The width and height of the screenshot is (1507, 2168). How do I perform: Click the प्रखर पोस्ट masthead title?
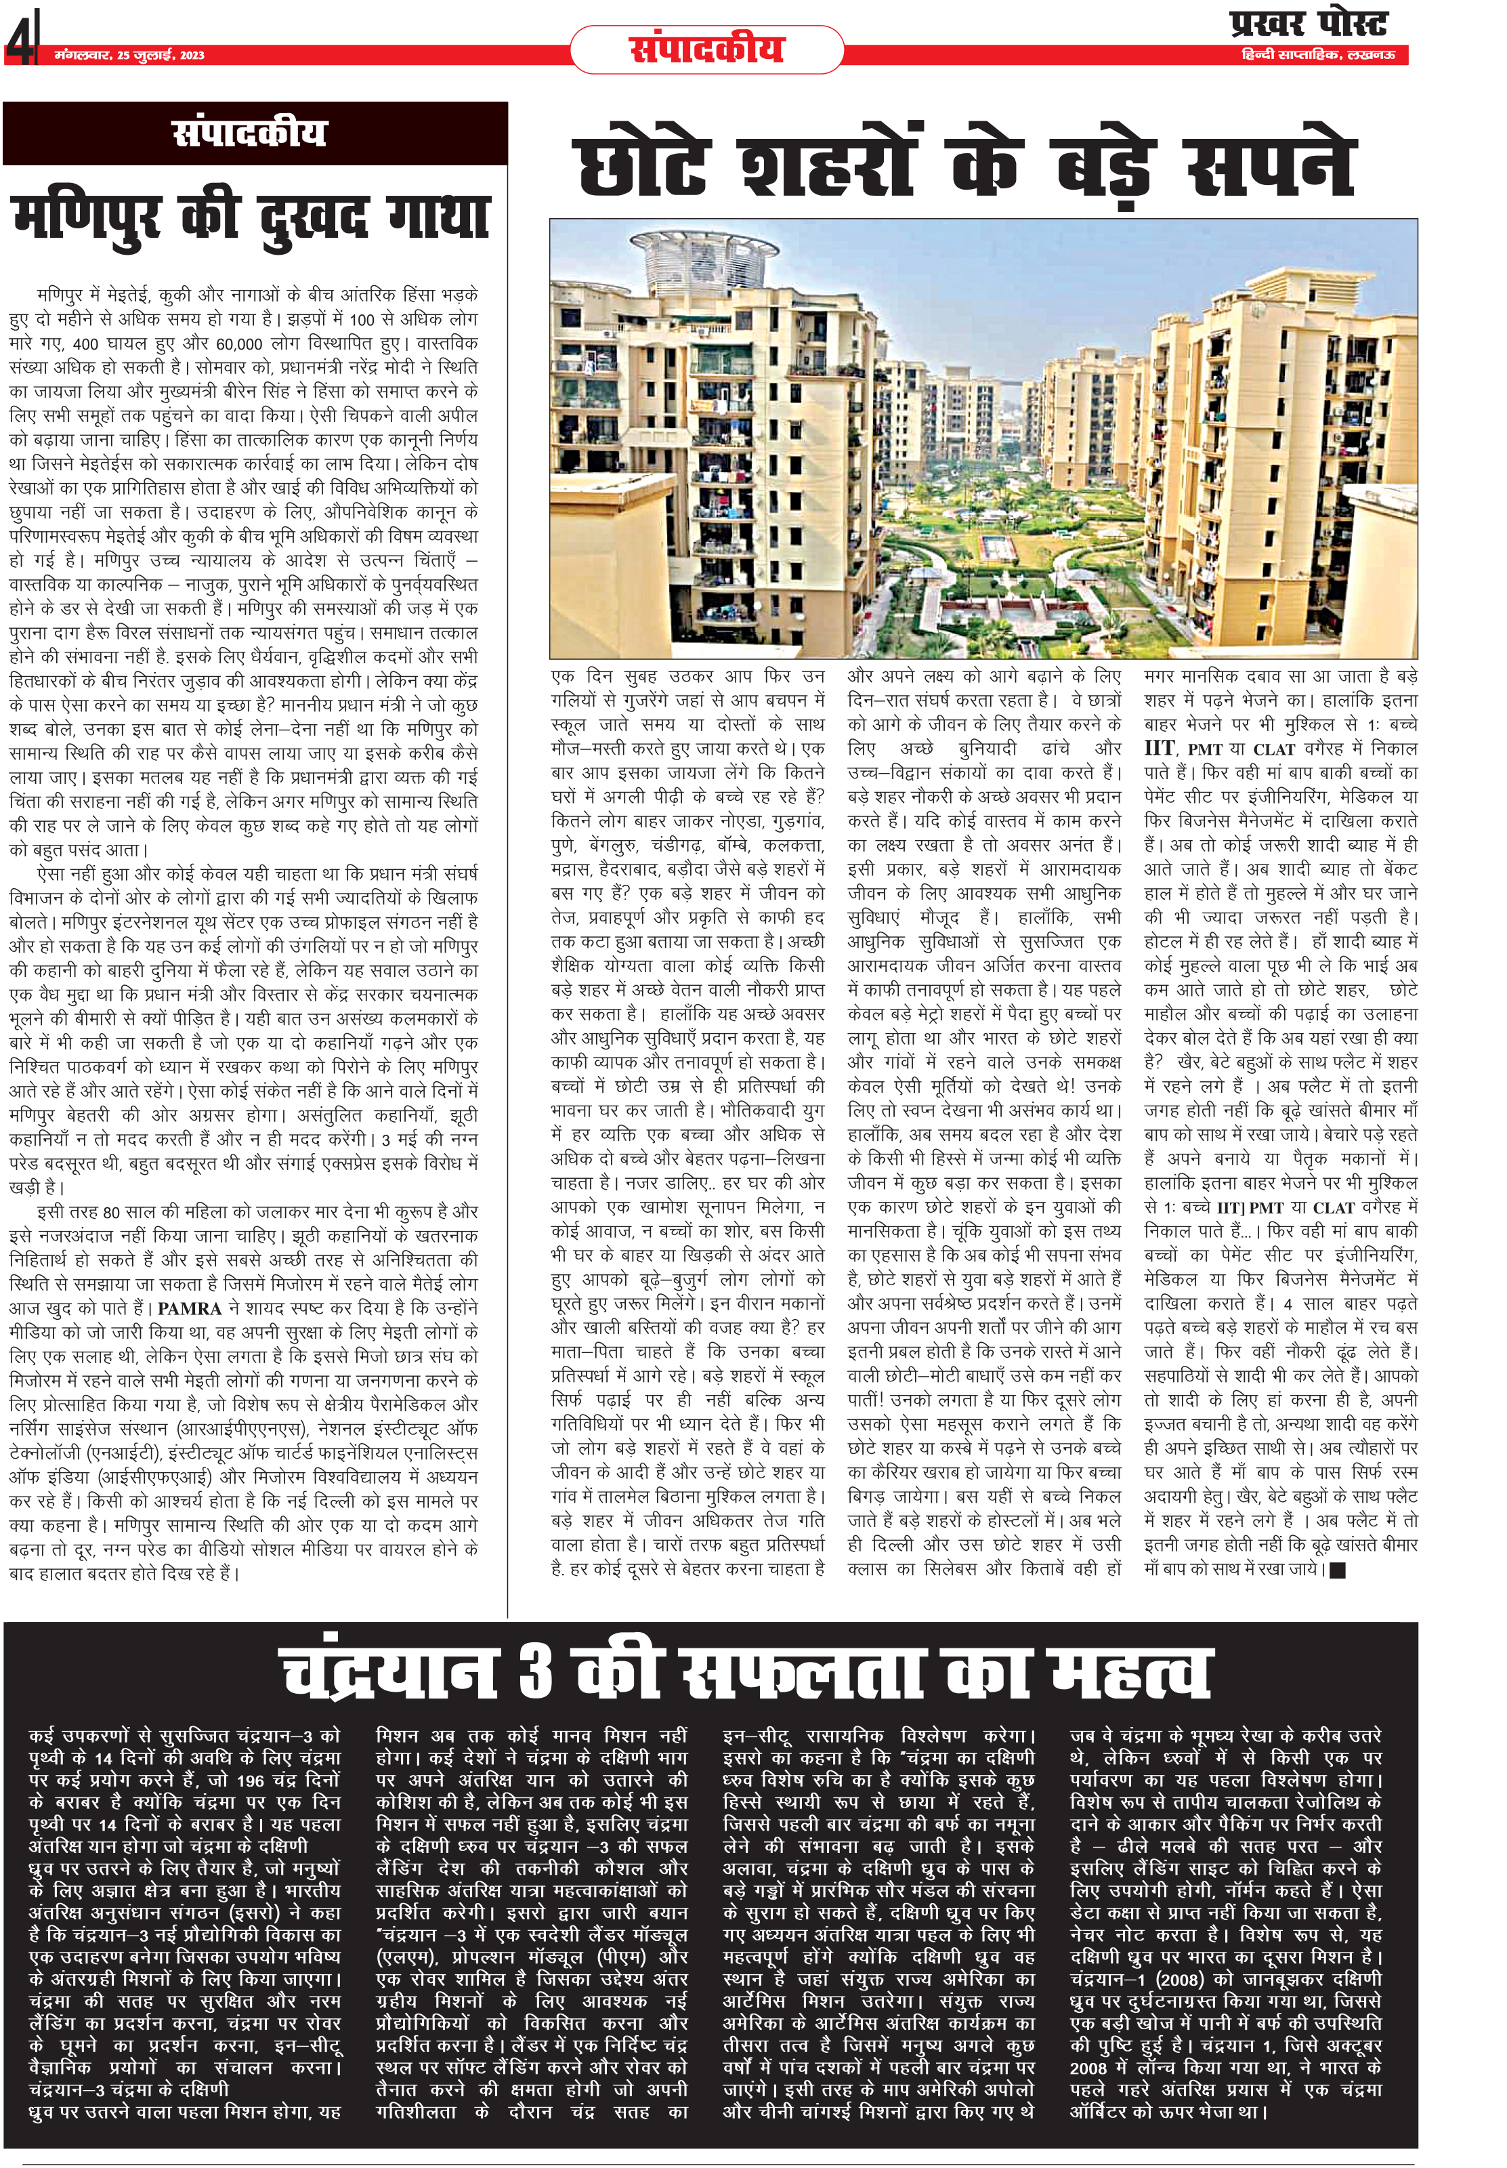tap(1308, 24)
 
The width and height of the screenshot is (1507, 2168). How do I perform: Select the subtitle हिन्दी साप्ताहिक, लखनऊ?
tap(1317, 56)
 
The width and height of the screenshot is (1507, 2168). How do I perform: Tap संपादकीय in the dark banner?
tap(250, 133)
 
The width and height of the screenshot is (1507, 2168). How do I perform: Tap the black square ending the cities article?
tap(1336, 1570)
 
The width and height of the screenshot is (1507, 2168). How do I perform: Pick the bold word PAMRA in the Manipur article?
tap(190, 1309)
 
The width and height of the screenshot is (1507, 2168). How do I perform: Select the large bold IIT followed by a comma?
tap(1160, 749)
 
